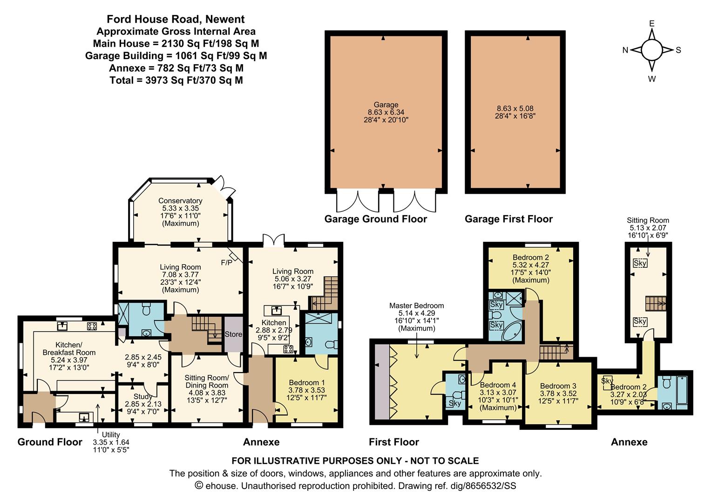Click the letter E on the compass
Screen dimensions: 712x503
(651, 24)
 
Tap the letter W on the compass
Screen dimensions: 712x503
(651, 79)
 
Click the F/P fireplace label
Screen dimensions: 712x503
(227, 263)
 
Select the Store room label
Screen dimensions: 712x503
(233, 334)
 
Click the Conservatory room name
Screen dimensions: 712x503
(180, 201)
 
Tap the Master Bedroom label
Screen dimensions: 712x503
(416, 306)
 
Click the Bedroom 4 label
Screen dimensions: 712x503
(498, 385)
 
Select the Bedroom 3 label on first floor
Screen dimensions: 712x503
(558, 386)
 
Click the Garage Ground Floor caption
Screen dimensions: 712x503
(375, 219)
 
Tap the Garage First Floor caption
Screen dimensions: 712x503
(509, 219)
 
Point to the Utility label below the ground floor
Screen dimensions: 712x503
(111, 435)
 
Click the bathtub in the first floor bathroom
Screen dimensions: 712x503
(512, 331)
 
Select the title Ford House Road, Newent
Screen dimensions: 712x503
(176, 19)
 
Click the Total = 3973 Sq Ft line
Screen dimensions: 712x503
(176, 80)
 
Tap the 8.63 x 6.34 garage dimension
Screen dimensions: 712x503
(386, 112)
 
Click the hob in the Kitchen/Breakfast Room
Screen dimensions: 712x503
(92, 326)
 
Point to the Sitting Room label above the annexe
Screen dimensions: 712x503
(648, 220)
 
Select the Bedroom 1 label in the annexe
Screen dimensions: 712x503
(306, 382)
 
